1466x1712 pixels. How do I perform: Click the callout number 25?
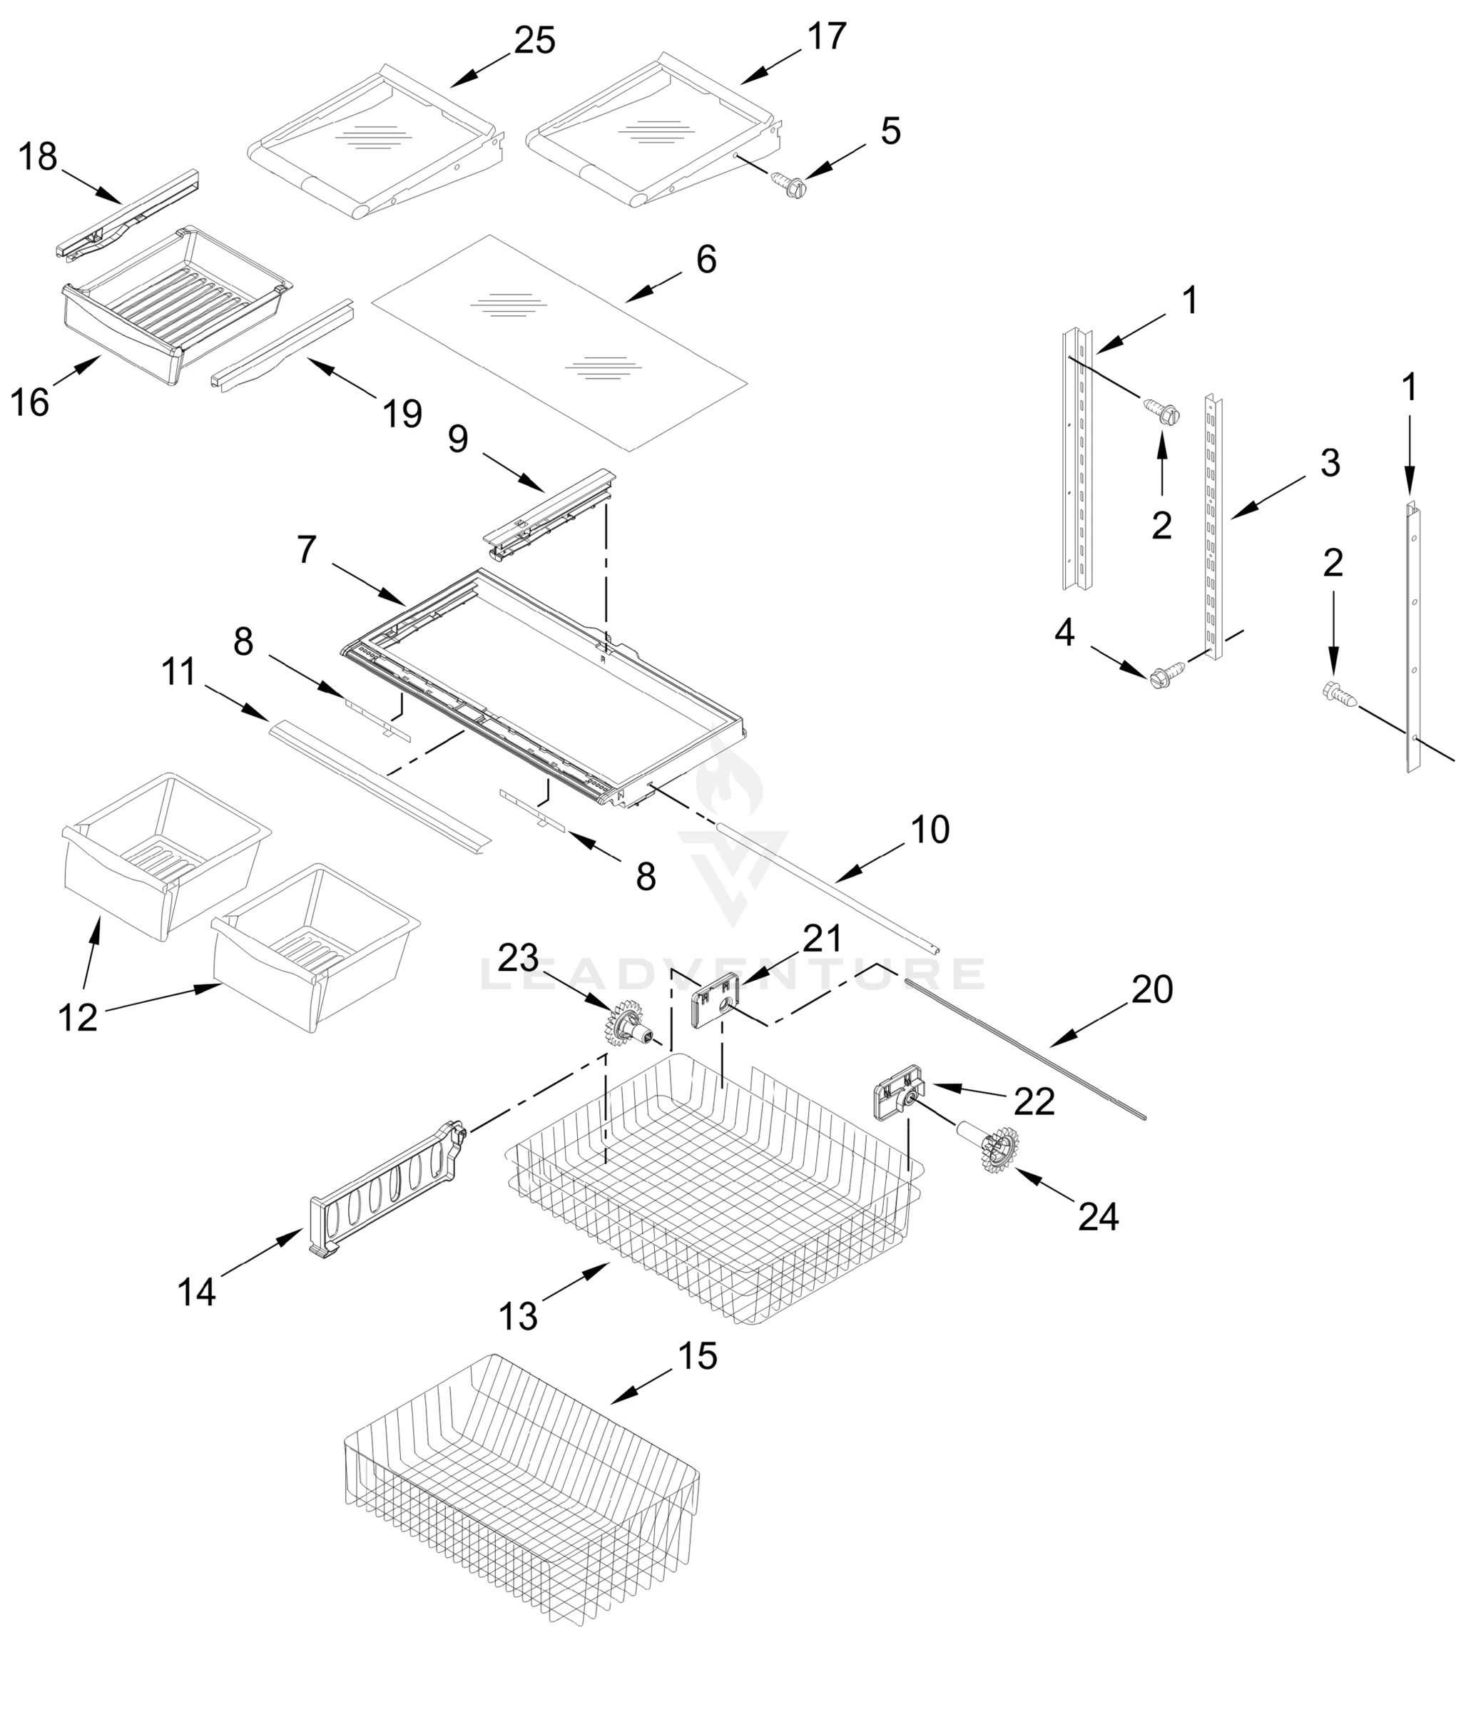pos(534,40)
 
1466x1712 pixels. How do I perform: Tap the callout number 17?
pos(826,36)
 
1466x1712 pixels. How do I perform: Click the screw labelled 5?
pos(789,183)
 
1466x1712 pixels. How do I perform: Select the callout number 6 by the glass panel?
pos(706,260)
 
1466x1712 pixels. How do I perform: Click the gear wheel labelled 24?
pos(999,1148)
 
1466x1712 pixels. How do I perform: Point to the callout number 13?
pos(518,1315)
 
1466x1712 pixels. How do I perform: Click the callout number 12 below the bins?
pos(78,1017)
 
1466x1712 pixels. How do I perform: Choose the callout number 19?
pos(402,412)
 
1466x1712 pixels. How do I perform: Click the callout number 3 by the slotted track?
pos(1330,463)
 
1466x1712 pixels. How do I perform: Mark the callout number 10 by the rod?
pos(930,830)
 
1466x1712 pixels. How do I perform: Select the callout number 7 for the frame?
pos(307,549)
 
